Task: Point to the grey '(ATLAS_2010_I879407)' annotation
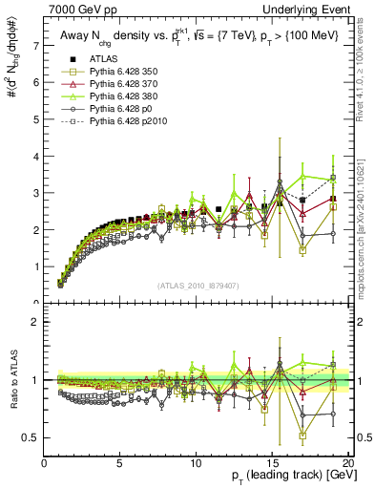(x=198, y=284)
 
